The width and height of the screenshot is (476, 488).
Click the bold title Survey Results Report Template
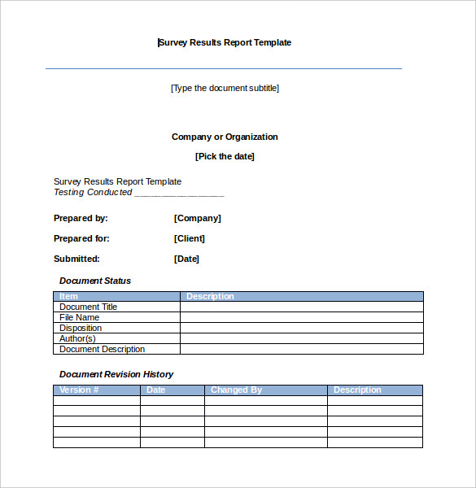[x=225, y=42]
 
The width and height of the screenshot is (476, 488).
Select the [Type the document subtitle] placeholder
[x=225, y=88]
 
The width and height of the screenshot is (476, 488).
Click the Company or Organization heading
[x=225, y=137]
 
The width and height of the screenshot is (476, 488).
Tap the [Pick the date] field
[x=225, y=156]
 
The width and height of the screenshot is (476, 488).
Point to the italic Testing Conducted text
[x=93, y=193]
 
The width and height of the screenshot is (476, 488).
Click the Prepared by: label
[x=81, y=218]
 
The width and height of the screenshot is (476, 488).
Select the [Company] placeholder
[x=198, y=218]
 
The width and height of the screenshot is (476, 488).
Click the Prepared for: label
[x=81, y=238]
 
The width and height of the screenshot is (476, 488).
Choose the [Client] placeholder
[x=190, y=238]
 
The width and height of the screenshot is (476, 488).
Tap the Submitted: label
[x=76, y=259]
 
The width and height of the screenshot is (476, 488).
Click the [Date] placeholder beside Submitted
[x=186, y=259]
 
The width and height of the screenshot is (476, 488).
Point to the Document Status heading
[x=95, y=281]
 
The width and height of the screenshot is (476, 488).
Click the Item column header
[x=69, y=297]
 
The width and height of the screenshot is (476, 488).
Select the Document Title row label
[x=89, y=307]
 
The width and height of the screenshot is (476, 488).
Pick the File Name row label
[x=80, y=317]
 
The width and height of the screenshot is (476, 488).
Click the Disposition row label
[x=81, y=328]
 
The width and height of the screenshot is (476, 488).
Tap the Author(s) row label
[x=77, y=338]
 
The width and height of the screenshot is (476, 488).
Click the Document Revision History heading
[x=116, y=374]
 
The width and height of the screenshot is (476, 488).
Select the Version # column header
[x=79, y=390]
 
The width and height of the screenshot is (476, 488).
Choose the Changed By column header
[x=236, y=390]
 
